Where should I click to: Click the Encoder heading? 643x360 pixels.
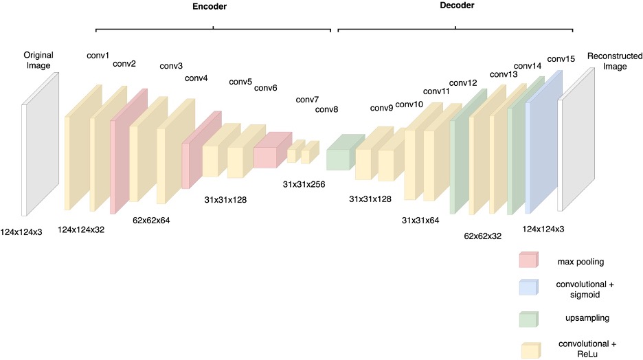pos(210,7)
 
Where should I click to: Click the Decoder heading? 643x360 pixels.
pos(456,5)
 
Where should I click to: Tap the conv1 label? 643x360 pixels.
pos(98,55)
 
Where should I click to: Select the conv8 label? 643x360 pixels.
pos(326,110)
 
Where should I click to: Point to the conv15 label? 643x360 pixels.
pos(561,59)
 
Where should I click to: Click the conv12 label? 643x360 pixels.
pos(462,83)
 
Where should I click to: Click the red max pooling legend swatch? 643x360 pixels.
pos(528,260)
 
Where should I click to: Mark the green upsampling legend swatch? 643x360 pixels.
pos(528,319)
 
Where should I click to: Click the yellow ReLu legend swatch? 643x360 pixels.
pos(528,350)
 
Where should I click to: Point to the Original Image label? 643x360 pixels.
pos(38,60)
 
